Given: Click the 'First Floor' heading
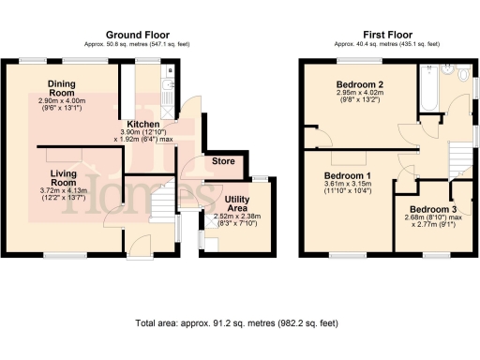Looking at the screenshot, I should click(386, 33).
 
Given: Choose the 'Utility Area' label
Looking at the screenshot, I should click(241, 203).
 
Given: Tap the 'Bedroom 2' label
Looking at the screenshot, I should click(360, 84).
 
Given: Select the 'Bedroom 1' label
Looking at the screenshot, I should click(348, 176).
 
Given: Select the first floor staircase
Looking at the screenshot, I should click(458, 156).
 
